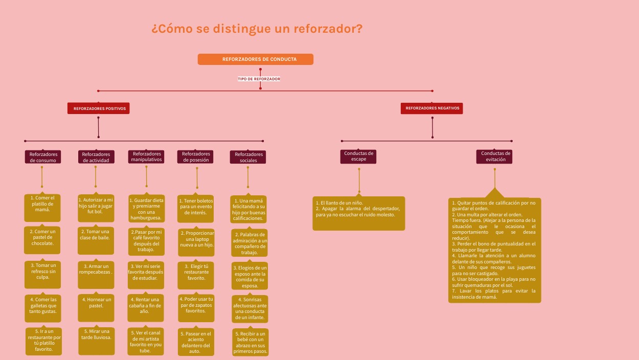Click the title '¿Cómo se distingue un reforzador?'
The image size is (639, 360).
pyautogui.click(x=257, y=29)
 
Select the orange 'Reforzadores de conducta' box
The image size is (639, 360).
pyautogui.click(x=256, y=59)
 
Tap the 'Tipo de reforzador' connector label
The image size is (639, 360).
pyautogui.click(x=259, y=79)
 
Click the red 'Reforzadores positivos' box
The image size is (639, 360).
pyautogui.click(x=99, y=108)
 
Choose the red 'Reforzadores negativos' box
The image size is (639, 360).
pyautogui.click(x=432, y=108)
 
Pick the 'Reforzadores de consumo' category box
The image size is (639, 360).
pyautogui.click(x=43, y=157)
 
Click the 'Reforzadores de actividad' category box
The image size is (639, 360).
pyautogui.click(x=96, y=157)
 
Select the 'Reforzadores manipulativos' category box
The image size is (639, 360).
pyautogui.click(x=147, y=156)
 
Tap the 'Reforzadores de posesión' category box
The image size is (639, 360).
pyautogui.click(x=196, y=156)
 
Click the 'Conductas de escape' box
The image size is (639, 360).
pyautogui.click(x=358, y=156)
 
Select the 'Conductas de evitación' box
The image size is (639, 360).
pyautogui.click(x=494, y=156)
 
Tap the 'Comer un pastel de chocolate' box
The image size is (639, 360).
pyautogui.click(x=42, y=240)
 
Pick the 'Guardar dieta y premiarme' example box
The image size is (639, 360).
pyautogui.click(x=146, y=209)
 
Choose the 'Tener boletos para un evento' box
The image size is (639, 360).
pyautogui.click(x=196, y=209)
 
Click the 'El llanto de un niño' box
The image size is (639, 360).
pyautogui.click(x=358, y=213)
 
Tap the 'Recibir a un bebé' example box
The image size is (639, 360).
pyautogui.click(x=250, y=342)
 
